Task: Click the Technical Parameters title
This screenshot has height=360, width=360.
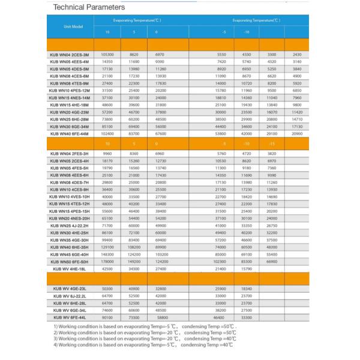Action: tap(89, 8)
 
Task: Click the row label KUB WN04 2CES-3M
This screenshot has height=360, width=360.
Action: tap(70, 55)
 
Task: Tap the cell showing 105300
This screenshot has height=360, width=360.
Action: tap(108, 55)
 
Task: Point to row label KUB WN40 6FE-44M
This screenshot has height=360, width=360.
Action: tap(70, 134)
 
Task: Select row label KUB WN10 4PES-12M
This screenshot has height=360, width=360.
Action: tap(70, 91)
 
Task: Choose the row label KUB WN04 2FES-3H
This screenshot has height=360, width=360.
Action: tap(70, 154)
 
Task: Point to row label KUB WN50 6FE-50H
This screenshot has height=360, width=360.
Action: tap(70, 262)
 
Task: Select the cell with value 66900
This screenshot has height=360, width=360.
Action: tap(272, 262)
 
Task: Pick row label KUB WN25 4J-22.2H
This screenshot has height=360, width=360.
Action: tap(70, 226)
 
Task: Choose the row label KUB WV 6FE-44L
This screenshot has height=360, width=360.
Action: tap(71, 317)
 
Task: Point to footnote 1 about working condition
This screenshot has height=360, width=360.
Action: tap(145, 326)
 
